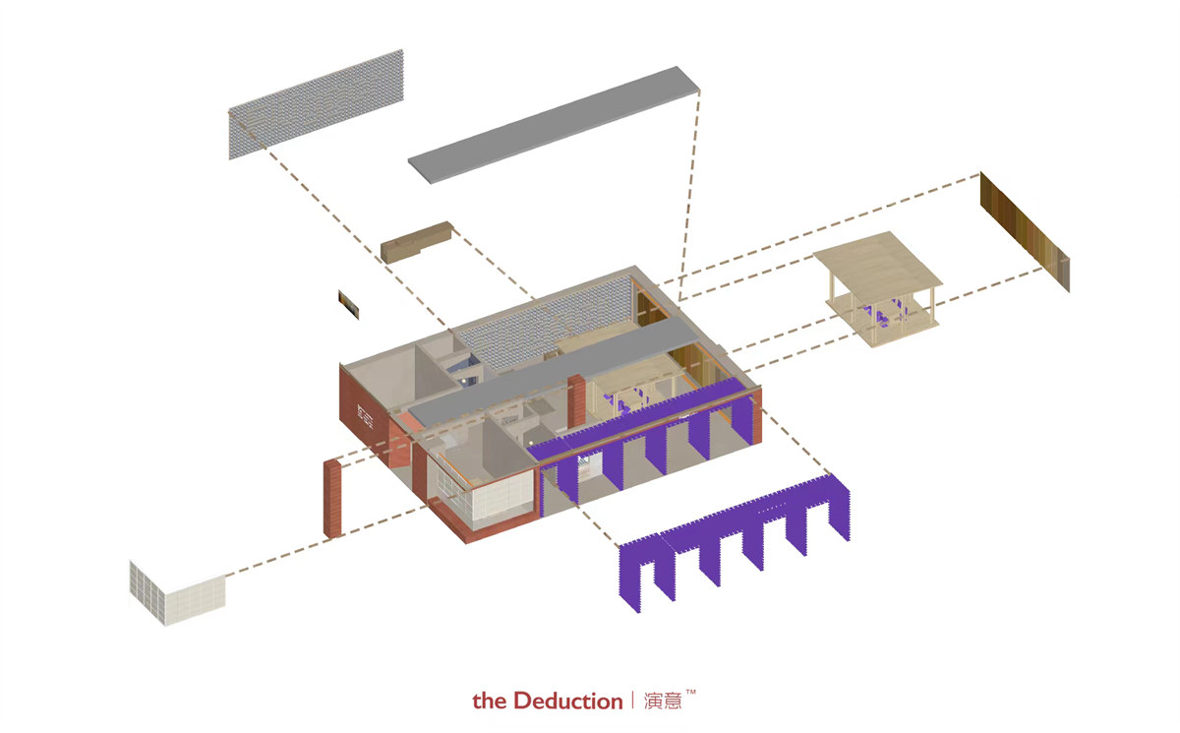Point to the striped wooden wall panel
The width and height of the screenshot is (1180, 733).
[x=1024, y=231]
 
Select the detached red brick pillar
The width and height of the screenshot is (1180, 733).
[x=333, y=498]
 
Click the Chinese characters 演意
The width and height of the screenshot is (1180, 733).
[x=663, y=702]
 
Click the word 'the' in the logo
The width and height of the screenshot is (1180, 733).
[x=489, y=702]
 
